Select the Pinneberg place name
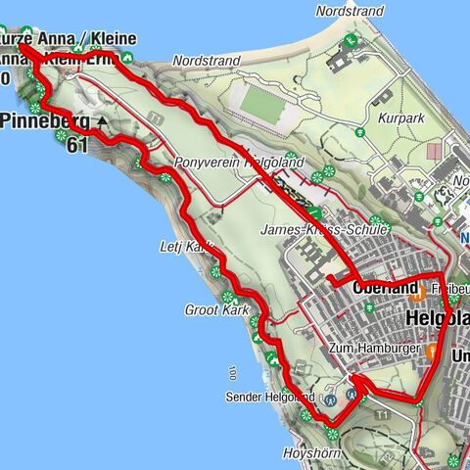44,122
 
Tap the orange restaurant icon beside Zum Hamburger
431,350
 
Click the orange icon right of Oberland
417,290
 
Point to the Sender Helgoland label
271,398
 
